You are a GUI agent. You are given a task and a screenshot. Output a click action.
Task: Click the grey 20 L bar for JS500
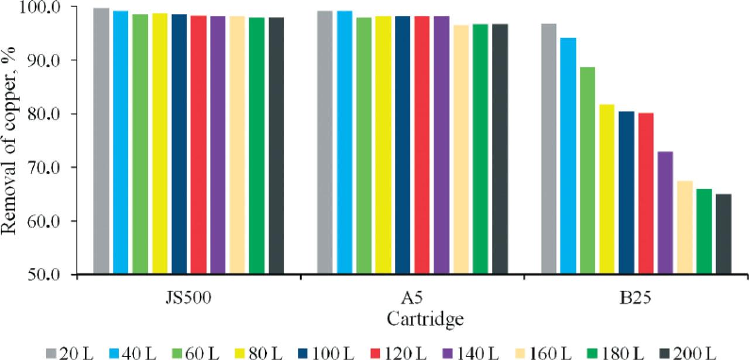[101, 140]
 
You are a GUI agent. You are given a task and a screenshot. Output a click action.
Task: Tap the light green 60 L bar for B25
[587, 170]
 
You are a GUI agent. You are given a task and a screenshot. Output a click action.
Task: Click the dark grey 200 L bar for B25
[723, 234]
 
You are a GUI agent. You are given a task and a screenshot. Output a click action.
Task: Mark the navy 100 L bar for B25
[626, 193]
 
